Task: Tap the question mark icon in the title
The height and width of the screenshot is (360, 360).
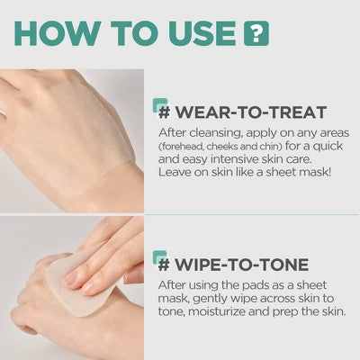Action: (256, 33)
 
